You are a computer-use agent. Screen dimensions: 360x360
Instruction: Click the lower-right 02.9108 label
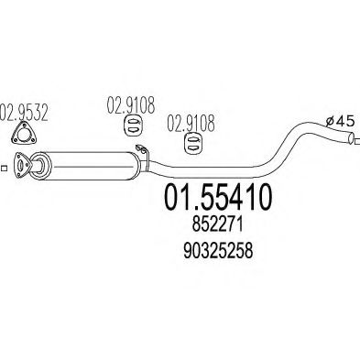(190, 119)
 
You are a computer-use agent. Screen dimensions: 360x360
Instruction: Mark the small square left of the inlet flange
(4, 167)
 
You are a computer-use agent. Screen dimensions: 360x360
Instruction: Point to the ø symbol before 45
(331, 119)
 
